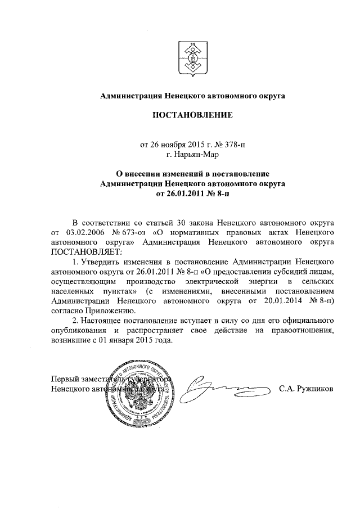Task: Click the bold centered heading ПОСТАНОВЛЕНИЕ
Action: coord(192,116)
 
